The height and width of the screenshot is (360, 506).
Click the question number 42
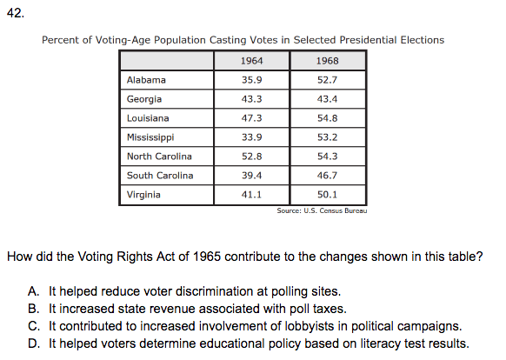[15, 13]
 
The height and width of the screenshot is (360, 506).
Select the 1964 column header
[252, 61]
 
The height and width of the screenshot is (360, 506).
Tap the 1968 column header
[327, 61]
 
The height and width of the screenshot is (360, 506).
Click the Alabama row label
[146, 80]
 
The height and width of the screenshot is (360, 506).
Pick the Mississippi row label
[150, 137]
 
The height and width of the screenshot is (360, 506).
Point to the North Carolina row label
[159, 157]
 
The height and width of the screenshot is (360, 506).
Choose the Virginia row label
[143, 195]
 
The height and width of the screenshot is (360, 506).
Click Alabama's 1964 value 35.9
[252, 80]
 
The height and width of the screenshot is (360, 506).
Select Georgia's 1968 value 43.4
[327, 99]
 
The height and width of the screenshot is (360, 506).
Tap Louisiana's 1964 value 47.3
[252, 118]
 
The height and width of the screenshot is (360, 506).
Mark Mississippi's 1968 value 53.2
[327, 137]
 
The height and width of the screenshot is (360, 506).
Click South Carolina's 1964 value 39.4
[252, 176]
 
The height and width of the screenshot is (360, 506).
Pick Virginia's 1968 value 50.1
[327, 195]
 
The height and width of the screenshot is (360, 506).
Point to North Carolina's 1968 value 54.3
[327, 157]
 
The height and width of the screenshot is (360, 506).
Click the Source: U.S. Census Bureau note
[322, 210]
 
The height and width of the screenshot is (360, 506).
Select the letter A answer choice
[34, 291]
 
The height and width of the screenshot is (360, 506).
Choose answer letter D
[34, 343]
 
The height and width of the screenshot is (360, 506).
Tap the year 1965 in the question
[207, 257]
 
